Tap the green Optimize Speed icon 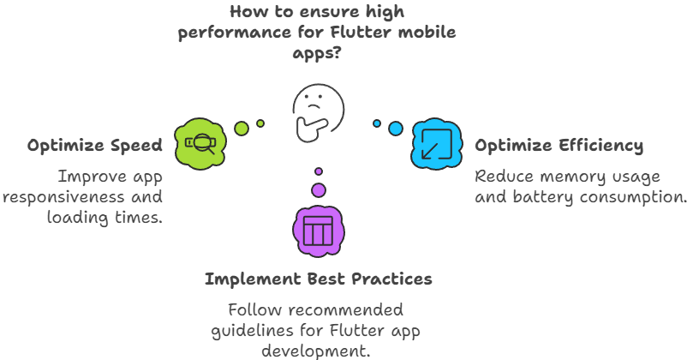tap(200, 143)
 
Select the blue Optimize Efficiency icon tap(436, 143)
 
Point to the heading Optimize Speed tap(94, 146)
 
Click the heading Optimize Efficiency tap(559, 146)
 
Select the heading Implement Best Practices tap(318, 279)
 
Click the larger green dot tap(241, 129)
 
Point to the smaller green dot tap(260, 123)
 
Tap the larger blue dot tap(395, 129)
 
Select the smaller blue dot tap(376, 123)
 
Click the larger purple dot tap(319, 189)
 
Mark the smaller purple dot tap(319, 171)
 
